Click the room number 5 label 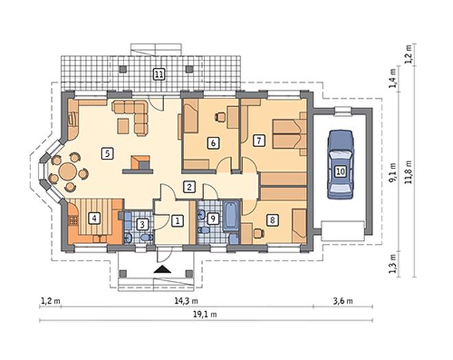107,153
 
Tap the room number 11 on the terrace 159,75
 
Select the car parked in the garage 340,164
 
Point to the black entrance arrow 162,269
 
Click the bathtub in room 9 231,216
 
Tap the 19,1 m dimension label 205,315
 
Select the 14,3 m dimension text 186,301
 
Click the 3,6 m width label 343,301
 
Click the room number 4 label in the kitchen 94,218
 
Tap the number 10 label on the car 340,171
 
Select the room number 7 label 259,141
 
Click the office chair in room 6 220,117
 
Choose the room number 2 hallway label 189,187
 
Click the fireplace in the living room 141,162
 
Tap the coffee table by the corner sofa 124,126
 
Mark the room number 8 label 272,220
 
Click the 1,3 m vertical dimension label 393,264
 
